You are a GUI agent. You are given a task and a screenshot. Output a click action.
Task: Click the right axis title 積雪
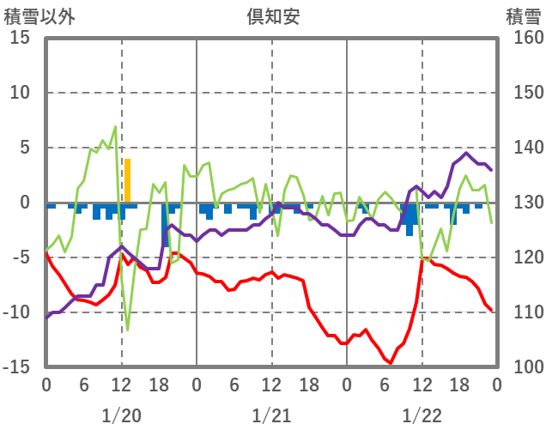[x=523, y=15]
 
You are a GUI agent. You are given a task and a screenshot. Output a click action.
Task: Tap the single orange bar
[x=127, y=181]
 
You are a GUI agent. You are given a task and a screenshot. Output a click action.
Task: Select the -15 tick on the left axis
[x=18, y=367]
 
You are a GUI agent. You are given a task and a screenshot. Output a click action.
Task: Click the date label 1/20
[x=121, y=415]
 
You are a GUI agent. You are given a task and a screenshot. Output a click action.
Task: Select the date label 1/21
[x=271, y=415]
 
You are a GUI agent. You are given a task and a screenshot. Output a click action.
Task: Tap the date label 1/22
[x=422, y=415]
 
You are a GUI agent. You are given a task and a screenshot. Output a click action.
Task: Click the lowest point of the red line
[x=391, y=363]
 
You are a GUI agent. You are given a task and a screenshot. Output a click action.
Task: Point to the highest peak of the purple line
[x=466, y=154]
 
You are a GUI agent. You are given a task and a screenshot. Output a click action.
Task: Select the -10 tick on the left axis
[x=18, y=312]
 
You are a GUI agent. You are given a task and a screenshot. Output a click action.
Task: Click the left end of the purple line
[x=46, y=318]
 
